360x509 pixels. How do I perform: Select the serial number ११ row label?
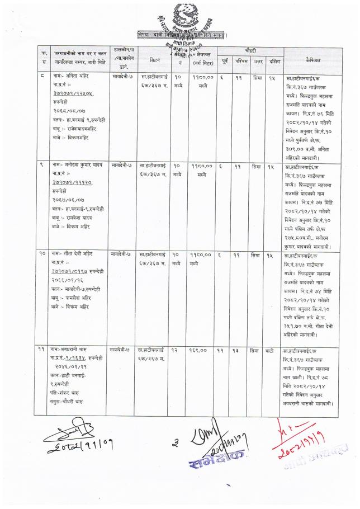(x=42, y=334)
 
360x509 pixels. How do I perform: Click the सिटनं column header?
(x=155, y=58)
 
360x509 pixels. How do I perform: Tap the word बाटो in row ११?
(x=270, y=334)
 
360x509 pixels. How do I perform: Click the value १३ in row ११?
(x=239, y=334)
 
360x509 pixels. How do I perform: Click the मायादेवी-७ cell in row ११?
(x=121, y=334)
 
